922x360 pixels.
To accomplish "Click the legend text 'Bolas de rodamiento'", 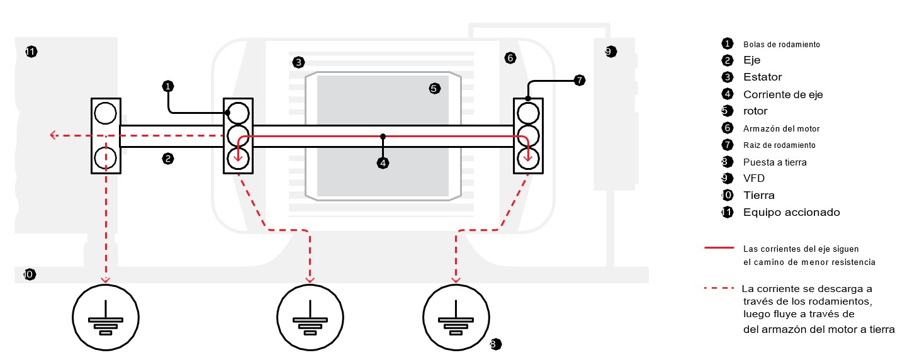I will (781, 45).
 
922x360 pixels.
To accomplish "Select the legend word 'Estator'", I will (762, 77).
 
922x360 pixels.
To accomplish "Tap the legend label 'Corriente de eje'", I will (783, 94).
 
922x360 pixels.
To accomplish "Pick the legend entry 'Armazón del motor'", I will (781, 128).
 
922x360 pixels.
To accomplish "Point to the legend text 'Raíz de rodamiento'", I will (779, 145).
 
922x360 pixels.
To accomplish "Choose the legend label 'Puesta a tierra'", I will (775, 162).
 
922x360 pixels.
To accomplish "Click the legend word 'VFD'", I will (753, 178).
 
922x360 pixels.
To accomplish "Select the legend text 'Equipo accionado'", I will (791, 212).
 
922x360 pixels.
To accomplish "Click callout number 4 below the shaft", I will (383, 163).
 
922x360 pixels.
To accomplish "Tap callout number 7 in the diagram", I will (580, 80).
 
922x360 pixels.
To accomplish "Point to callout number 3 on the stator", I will (298, 62).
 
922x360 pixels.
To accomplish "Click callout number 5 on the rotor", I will (434, 89).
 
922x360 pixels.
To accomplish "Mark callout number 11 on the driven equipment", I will (31, 52).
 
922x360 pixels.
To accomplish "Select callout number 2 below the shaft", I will (167, 159).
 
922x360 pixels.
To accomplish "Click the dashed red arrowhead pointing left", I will (53, 135).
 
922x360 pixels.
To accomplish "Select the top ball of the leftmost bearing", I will (105, 113).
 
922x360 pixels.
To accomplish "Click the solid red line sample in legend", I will (719, 249).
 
